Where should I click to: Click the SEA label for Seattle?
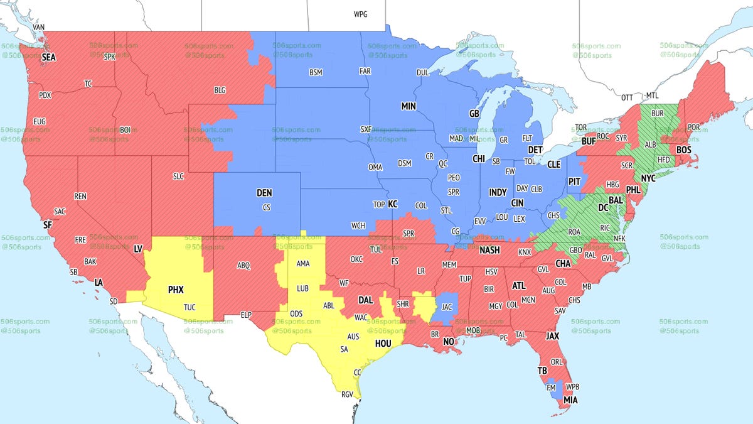click(x=49, y=57)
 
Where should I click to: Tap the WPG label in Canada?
click(x=361, y=14)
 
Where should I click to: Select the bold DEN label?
click(x=264, y=193)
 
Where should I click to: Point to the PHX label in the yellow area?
click(x=176, y=290)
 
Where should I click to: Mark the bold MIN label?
click(x=409, y=107)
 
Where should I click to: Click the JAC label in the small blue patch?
click(x=447, y=307)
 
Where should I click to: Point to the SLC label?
click(x=178, y=177)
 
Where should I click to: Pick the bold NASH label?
click(x=489, y=250)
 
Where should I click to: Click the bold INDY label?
click(x=498, y=192)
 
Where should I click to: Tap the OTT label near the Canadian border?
click(x=627, y=97)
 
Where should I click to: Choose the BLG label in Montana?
click(x=220, y=90)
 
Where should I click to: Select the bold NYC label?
click(x=648, y=178)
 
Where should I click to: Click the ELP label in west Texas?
click(x=246, y=314)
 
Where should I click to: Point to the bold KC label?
click(x=393, y=204)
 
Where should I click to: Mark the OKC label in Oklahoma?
click(x=357, y=259)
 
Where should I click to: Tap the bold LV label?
click(x=138, y=249)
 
